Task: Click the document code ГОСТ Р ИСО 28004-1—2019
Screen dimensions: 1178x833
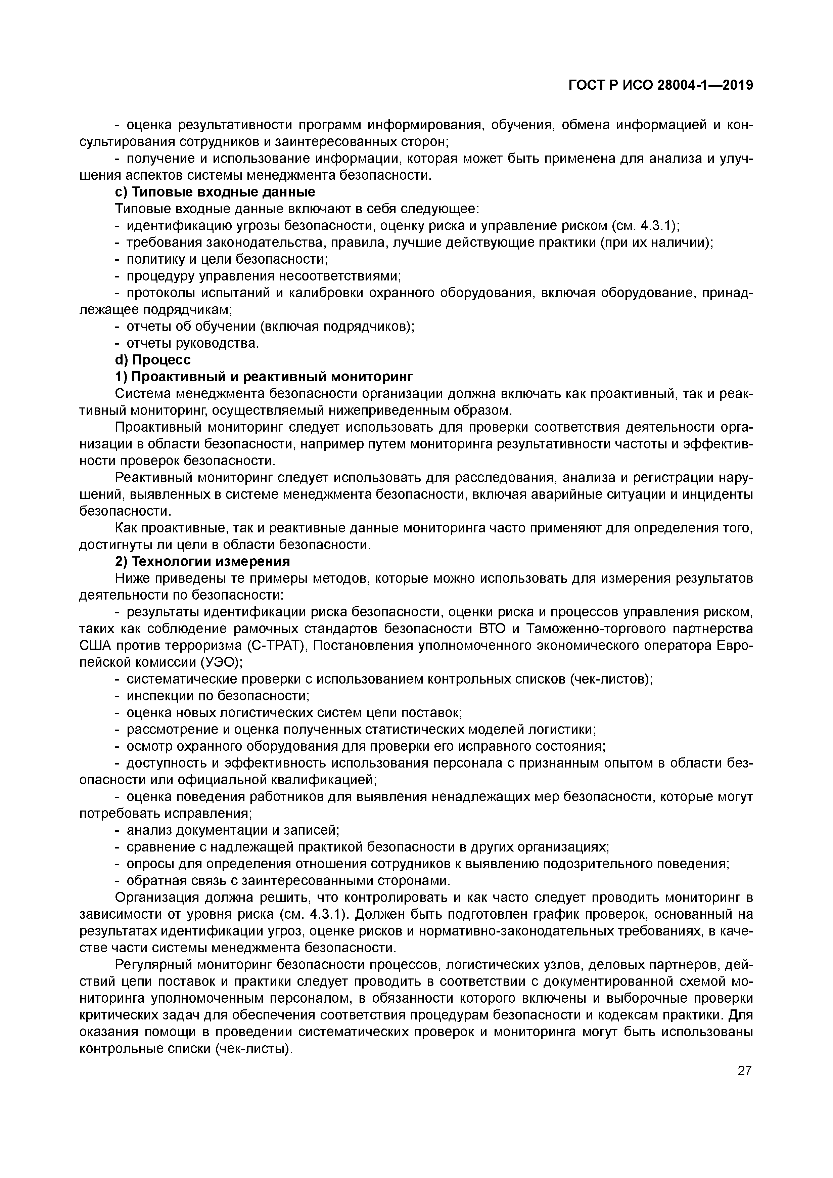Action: pyautogui.click(x=661, y=85)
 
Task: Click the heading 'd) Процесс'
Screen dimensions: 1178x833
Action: pyautogui.click(x=152, y=360)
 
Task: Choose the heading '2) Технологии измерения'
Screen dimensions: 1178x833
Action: pyautogui.click(x=202, y=561)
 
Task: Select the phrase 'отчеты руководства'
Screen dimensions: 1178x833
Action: pyautogui.click(x=192, y=343)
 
